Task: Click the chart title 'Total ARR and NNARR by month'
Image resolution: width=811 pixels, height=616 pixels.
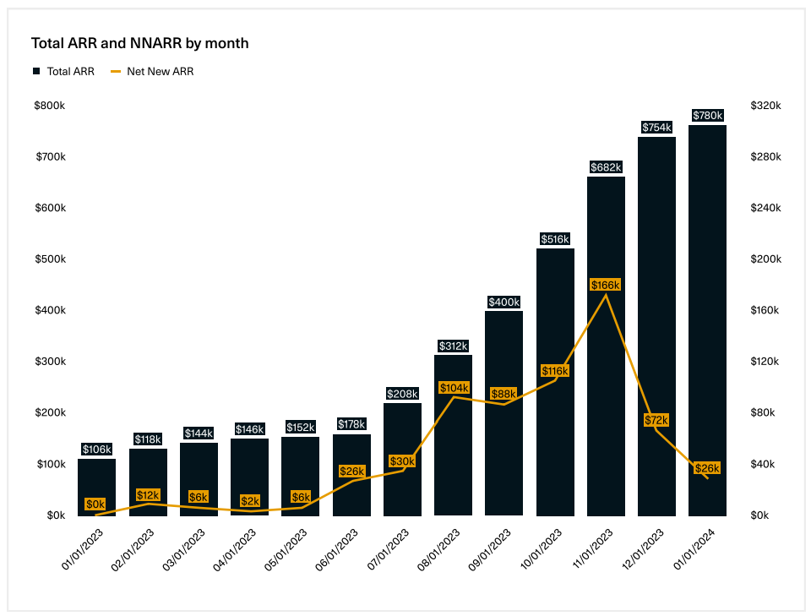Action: point(139,43)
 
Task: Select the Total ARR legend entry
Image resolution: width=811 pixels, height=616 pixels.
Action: point(63,72)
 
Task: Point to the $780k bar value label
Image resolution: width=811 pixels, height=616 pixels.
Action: point(707,116)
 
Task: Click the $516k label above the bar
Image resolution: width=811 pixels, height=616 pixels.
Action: point(555,239)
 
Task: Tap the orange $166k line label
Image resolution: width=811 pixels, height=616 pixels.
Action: point(606,286)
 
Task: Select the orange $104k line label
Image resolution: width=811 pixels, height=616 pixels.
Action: point(454,388)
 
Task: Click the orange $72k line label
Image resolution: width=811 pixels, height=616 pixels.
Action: point(656,420)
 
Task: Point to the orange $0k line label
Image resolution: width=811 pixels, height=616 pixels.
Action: point(95,504)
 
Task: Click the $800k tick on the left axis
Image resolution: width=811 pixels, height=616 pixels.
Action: point(50,106)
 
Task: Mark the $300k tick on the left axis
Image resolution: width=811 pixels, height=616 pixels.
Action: point(50,362)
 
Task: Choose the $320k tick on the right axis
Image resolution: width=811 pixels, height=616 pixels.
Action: point(765,106)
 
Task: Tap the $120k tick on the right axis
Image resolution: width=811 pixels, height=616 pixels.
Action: point(765,362)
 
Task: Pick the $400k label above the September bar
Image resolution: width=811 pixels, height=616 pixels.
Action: point(504,302)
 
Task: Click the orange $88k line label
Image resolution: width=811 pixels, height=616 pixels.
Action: point(504,394)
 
